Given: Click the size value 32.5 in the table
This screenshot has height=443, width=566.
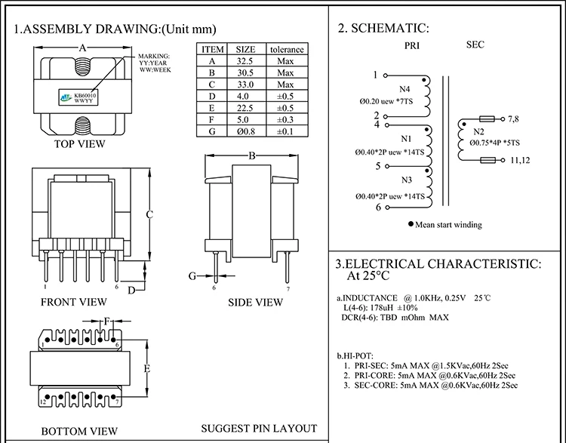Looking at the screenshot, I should click(x=246, y=61).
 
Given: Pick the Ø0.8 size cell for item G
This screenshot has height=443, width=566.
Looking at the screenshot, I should click(x=246, y=131).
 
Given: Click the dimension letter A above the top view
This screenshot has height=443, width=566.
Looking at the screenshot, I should click(x=82, y=47).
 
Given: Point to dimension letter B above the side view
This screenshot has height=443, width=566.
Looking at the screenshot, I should click(x=253, y=155).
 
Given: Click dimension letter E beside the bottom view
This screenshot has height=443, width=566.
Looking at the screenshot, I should click(x=148, y=368).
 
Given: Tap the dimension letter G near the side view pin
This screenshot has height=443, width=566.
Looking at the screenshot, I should click(x=192, y=276).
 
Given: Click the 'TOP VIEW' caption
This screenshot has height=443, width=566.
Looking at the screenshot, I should click(x=79, y=143).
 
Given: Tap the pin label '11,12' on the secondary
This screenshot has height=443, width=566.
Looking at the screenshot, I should click(x=521, y=160).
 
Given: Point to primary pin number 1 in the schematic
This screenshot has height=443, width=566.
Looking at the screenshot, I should click(x=375, y=75).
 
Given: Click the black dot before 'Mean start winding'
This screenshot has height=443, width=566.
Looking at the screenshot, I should click(x=411, y=224).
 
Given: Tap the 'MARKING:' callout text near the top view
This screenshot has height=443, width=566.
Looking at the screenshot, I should click(x=155, y=57).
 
